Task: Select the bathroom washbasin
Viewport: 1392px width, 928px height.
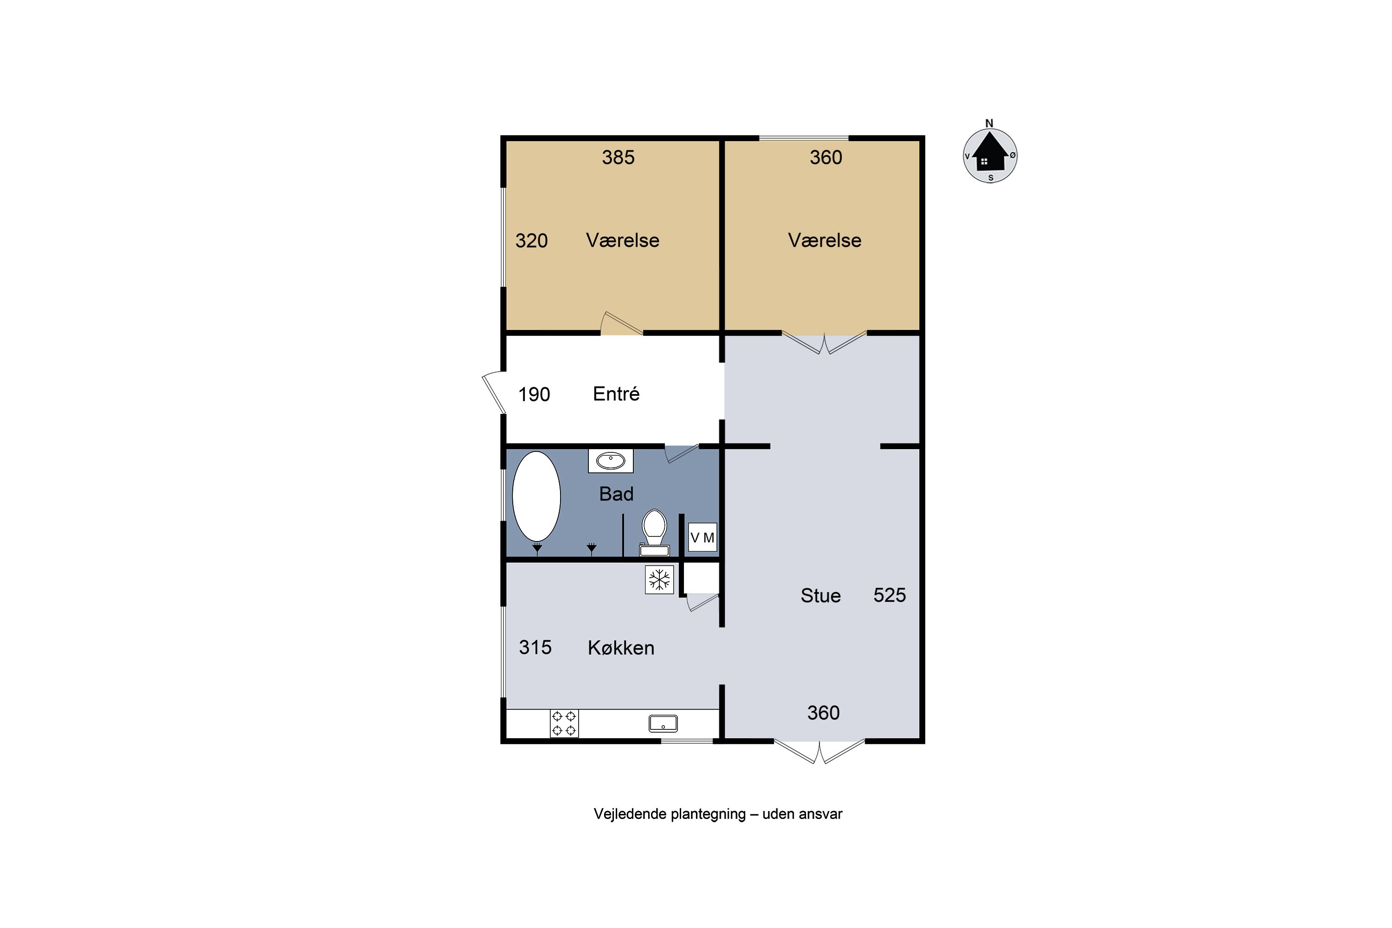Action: click(610, 460)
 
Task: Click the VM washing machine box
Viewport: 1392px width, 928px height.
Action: click(702, 537)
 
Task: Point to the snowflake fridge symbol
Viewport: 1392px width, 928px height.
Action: click(659, 580)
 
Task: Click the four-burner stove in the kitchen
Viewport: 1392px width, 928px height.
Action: click(564, 723)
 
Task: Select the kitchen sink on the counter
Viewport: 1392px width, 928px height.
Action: click(663, 723)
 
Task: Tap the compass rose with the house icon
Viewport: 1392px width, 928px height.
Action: click(990, 155)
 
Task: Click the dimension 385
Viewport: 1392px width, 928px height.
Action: click(618, 157)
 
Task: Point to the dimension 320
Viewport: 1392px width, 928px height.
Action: click(531, 241)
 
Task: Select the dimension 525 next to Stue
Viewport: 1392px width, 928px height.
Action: click(889, 595)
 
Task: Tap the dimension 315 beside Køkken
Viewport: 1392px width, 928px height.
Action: click(535, 647)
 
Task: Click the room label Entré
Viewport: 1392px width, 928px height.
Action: click(616, 394)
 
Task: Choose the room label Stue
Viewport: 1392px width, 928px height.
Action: click(820, 596)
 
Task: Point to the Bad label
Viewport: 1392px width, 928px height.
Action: click(616, 494)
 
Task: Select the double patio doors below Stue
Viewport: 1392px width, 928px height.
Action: click(819, 752)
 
